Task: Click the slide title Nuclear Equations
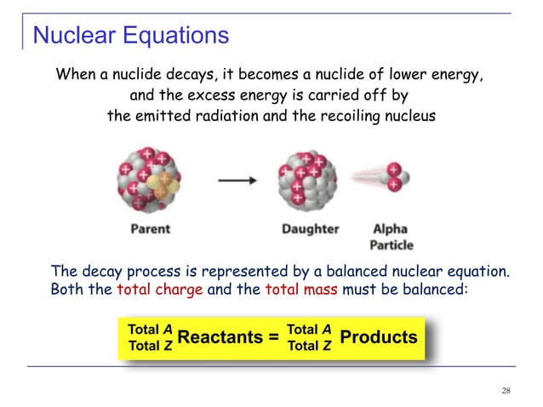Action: (130, 36)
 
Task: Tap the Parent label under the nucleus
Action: (150, 229)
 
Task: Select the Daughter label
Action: (310, 229)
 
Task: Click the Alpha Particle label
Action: (391, 236)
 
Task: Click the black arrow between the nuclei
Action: (233, 181)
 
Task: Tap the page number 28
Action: (506, 391)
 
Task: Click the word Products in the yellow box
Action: (378, 337)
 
